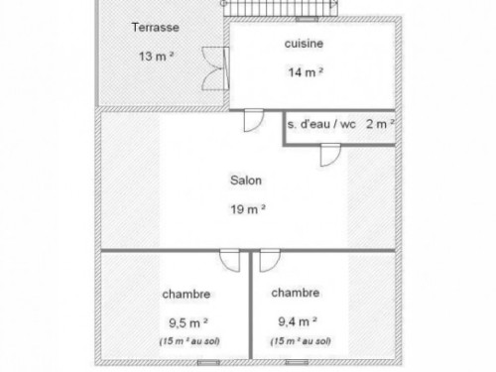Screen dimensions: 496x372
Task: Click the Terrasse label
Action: (x=156, y=27)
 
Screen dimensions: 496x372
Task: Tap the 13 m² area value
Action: (x=156, y=57)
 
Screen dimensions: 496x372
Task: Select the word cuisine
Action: (x=304, y=44)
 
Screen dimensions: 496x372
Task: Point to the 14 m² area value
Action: (x=306, y=72)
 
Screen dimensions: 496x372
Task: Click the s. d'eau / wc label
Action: (x=321, y=124)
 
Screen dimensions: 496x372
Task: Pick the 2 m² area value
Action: (x=380, y=124)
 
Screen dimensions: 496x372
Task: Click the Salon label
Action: (x=246, y=181)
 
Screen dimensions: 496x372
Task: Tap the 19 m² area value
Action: (x=248, y=209)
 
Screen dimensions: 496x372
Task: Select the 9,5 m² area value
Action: (x=188, y=322)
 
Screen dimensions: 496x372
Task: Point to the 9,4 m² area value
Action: (x=298, y=321)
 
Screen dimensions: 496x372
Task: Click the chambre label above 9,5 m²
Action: (x=186, y=294)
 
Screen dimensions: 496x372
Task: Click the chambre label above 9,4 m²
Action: (x=296, y=293)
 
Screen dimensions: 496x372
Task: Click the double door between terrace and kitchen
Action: (x=215, y=68)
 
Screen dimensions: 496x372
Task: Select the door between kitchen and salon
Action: (x=254, y=120)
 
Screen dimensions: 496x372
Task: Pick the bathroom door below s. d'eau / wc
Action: (x=330, y=155)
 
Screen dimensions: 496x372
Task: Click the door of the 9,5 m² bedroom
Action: (x=230, y=261)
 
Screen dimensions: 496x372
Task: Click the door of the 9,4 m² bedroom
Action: (x=270, y=261)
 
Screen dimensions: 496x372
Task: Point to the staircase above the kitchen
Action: (x=281, y=8)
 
